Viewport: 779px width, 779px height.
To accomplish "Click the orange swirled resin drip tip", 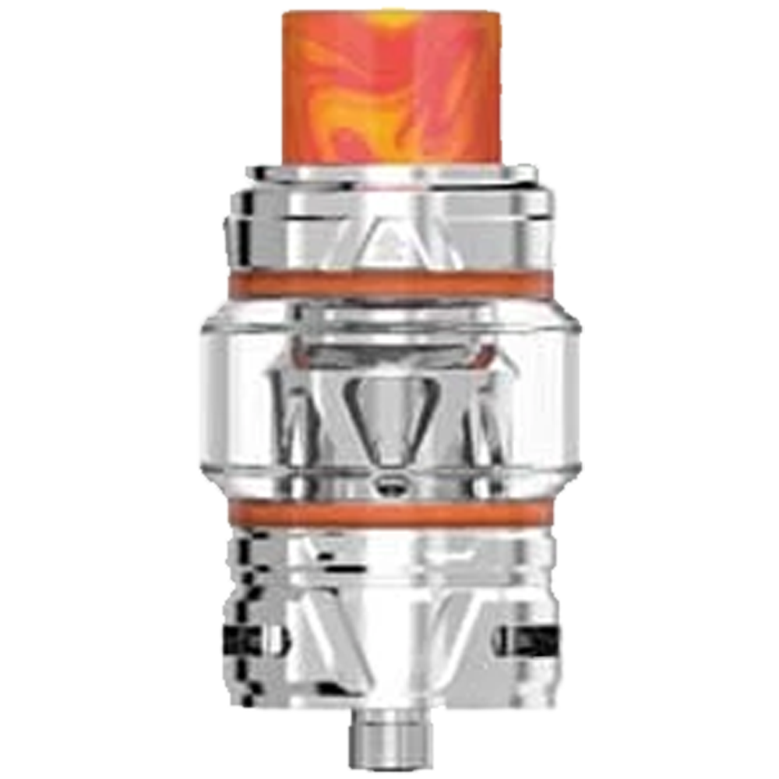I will tap(389, 86).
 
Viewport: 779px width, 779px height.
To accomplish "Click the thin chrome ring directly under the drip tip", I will tap(389, 173).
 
